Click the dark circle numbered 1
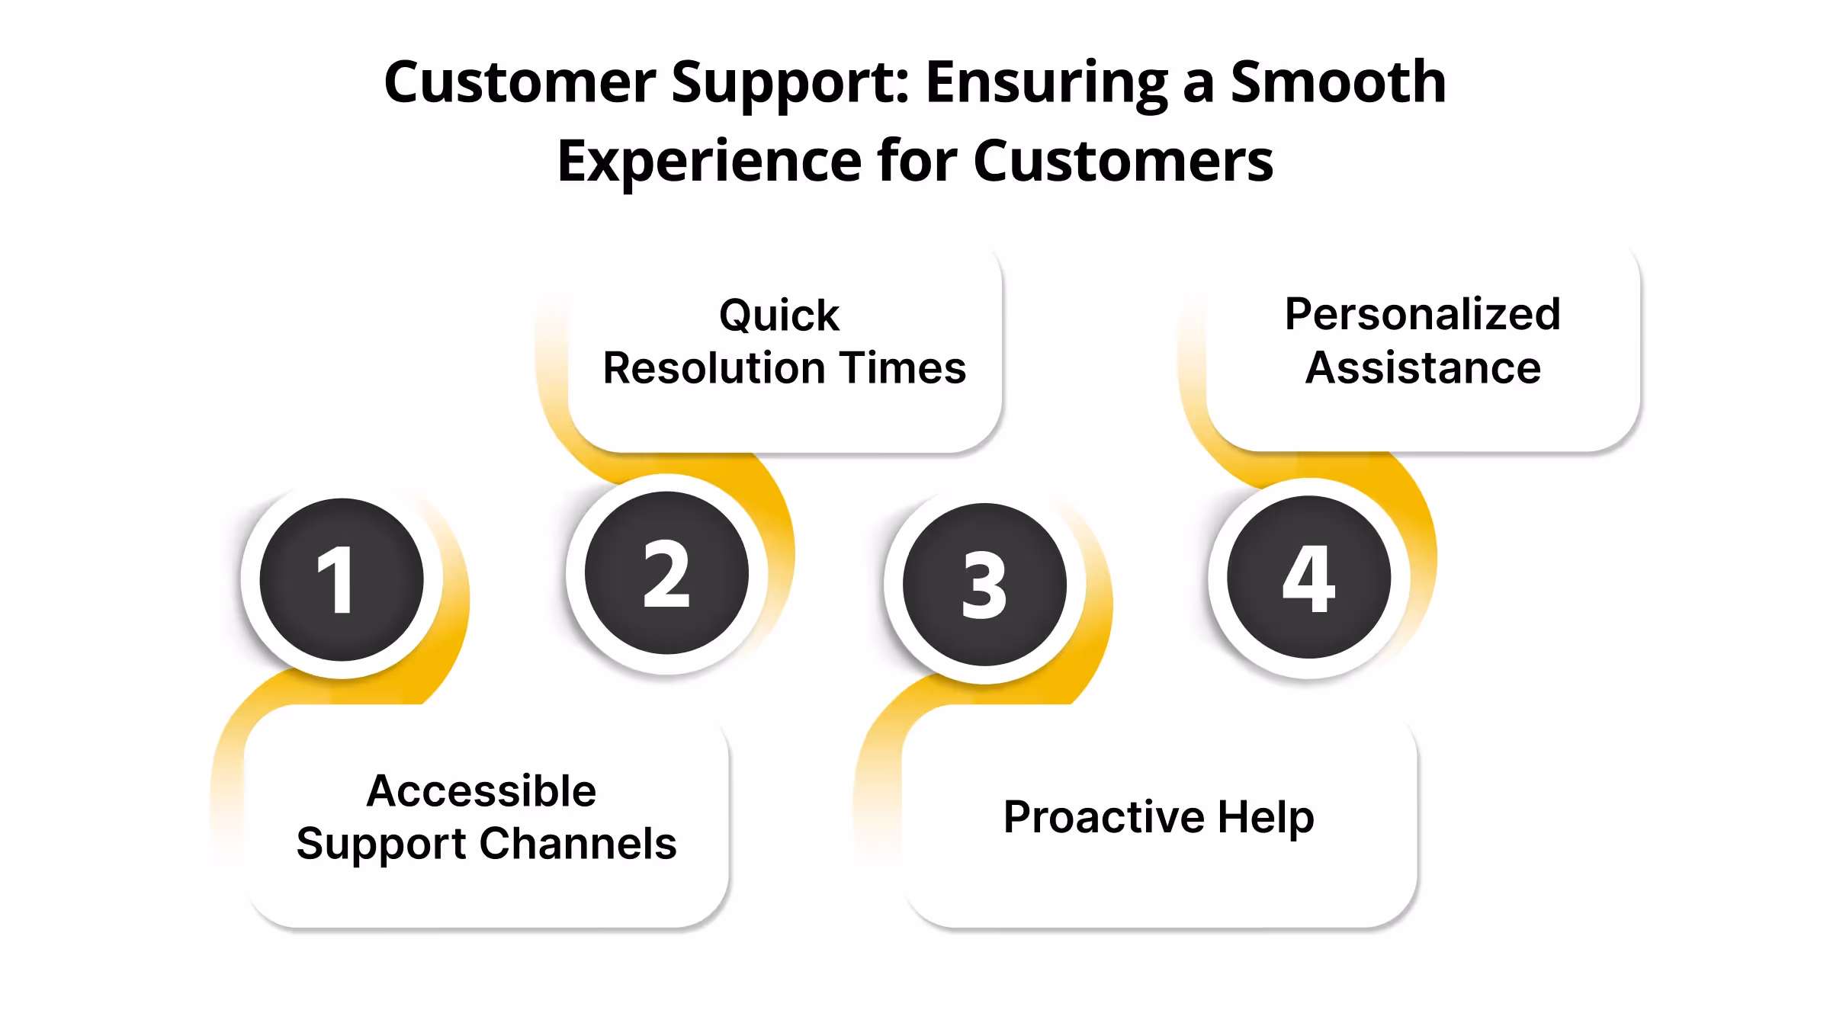(341, 579)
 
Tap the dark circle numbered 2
(666, 572)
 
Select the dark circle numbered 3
(984, 585)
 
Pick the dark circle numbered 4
(1308, 577)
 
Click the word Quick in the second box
(779, 316)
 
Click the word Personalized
(1422, 314)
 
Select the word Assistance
(1423, 368)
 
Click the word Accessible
(481, 790)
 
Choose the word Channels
(578, 844)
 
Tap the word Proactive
(1103, 817)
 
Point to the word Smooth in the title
(1338, 82)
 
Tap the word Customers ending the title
(1123, 161)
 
